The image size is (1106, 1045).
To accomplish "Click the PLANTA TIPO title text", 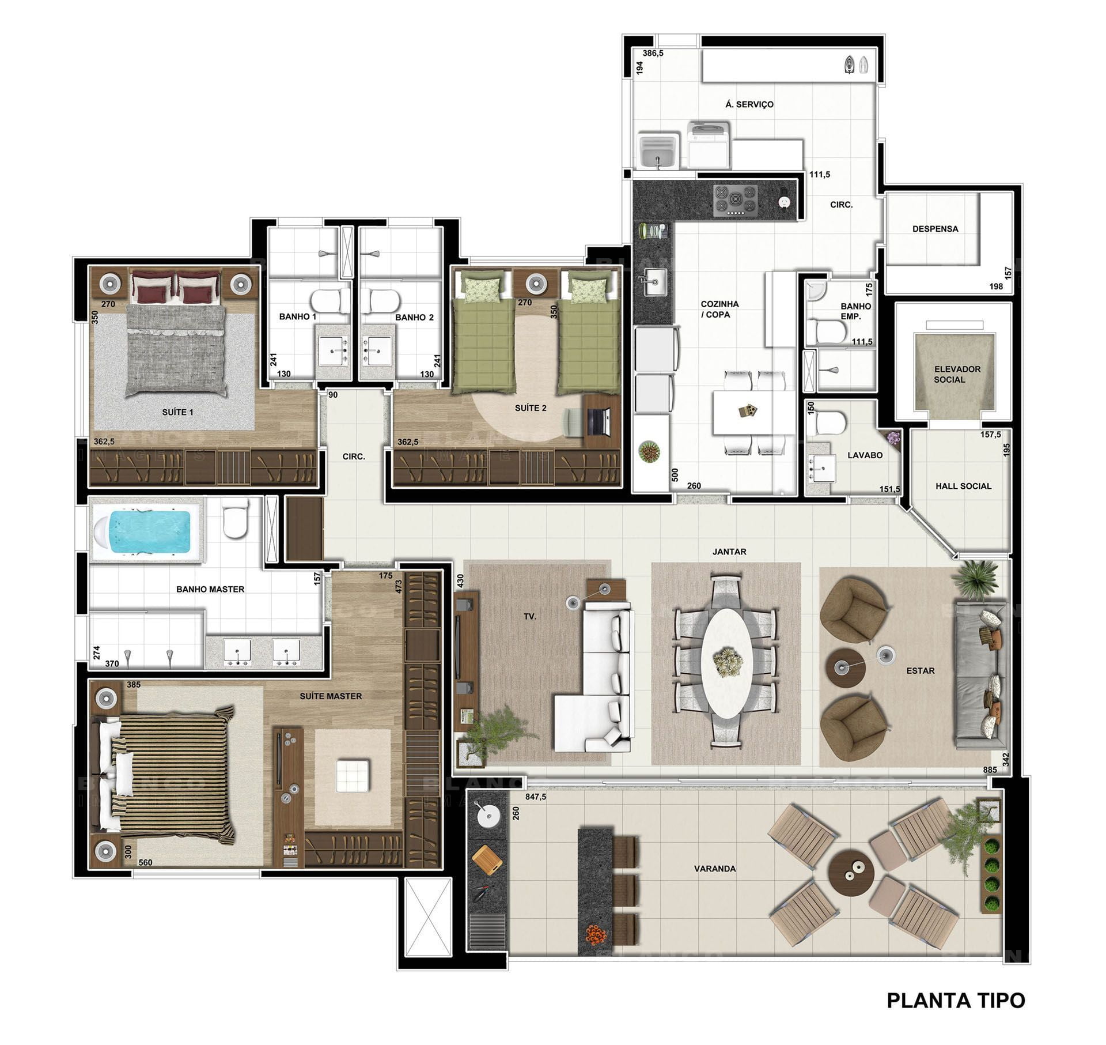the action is pyautogui.click(x=956, y=1000).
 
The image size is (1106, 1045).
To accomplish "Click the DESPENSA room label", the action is pyautogui.click(x=935, y=229).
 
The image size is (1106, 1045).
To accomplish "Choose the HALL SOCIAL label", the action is pyautogui.click(x=963, y=486).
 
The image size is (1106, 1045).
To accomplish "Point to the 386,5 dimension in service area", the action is pyautogui.click(x=653, y=53).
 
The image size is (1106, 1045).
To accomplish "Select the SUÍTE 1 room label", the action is pyautogui.click(x=177, y=412).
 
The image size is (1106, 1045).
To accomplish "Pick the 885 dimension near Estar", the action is pyautogui.click(x=990, y=769).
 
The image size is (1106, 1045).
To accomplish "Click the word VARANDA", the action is pyautogui.click(x=715, y=869).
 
